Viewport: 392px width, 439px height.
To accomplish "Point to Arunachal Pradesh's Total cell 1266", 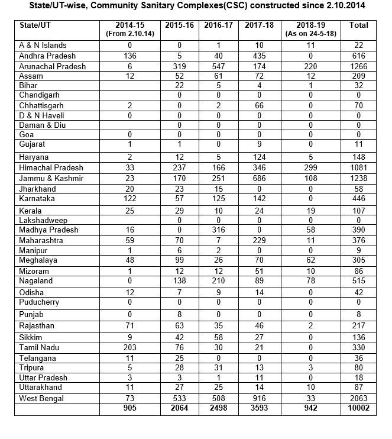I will [x=359, y=66].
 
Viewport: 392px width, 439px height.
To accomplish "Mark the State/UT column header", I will [x=37, y=25].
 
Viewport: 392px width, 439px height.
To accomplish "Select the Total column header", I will [x=359, y=25].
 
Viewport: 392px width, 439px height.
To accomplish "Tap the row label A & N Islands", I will [x=43, y=45].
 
